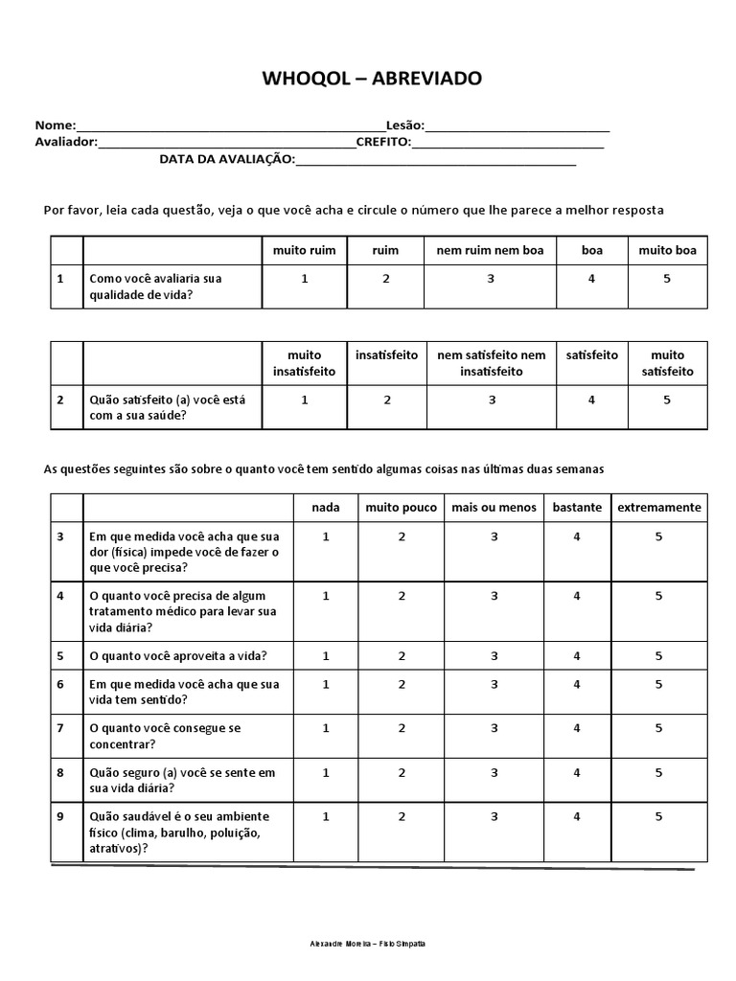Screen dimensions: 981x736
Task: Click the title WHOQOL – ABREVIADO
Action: pyautogui.click(x=373, y=79)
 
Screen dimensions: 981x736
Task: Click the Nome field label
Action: pyautogui.click(x=55, y=125)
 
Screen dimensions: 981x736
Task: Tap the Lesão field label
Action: pyautogui.click(x=404, y=125)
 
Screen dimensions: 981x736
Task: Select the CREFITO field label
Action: pyautogui.click(x=383, y=142)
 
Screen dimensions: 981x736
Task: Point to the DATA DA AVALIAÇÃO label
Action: pyautogui.click(x=227, y=159)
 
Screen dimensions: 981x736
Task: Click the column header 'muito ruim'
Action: pyautogui.click(x=304, y=250)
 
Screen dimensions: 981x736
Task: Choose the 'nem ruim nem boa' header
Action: pyautogui.click(x=490, y=250)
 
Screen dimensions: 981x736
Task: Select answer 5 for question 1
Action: pyautogui.click(x=667, y=279)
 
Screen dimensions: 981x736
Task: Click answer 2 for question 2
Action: pyautogui.click(x=386, y=399)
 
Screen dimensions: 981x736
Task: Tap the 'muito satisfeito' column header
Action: pyautogui.click(x=667, y=363)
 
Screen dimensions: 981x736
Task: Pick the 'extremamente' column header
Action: pyautogui.click(x=658, y=507)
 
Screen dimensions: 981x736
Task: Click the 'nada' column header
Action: pyautogui.click(x=326, y=507)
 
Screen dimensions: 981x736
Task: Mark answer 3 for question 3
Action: pyautogui.click(x=494, y=537)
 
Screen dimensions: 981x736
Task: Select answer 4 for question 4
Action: pyautogui.click(x=577, y=596)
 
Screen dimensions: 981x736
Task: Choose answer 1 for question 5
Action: pyautogui.click(x=326, y=656)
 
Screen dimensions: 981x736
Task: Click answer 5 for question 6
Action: pyautogui.click(x=658, y=684)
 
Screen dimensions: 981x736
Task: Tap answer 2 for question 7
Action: pyautogui.click(x=402, y=728)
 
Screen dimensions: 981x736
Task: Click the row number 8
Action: pyautogui.click(x=60, y=772)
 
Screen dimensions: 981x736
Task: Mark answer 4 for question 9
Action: pyautogui.click(x=577, y=816)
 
